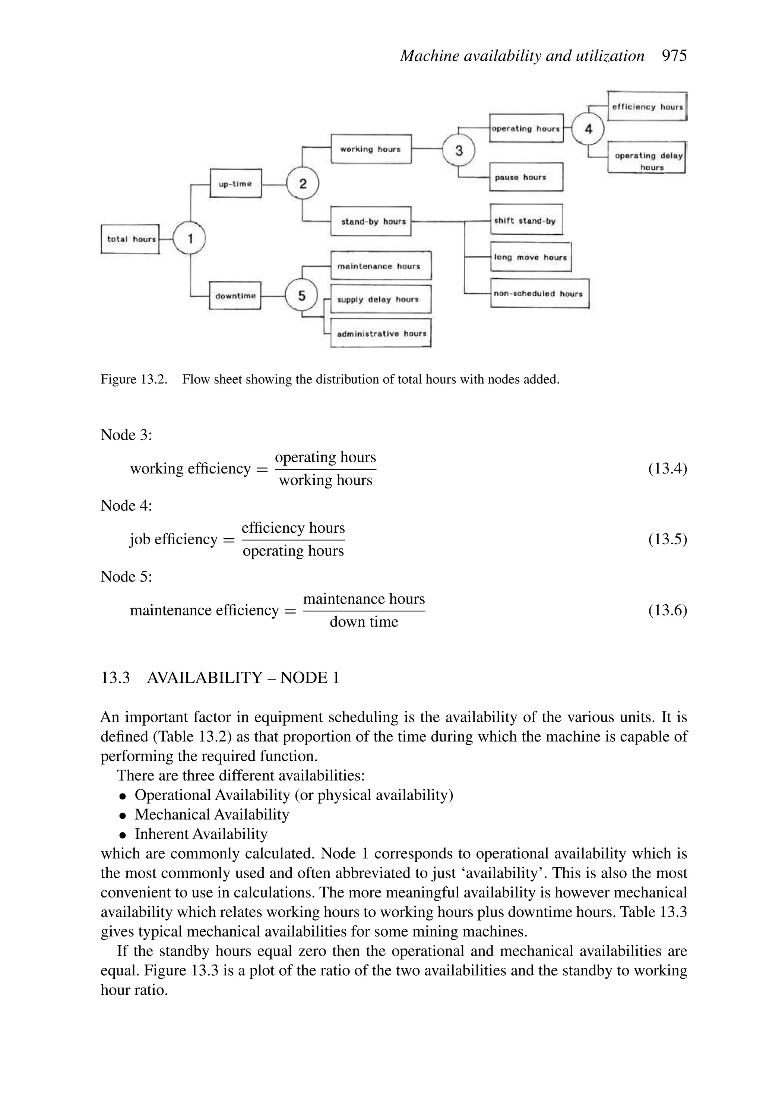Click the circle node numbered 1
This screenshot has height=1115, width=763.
(x=190, y=238)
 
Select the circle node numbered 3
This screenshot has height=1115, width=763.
(x=458, y=150)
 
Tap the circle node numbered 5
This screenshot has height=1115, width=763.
(x=301, y=295)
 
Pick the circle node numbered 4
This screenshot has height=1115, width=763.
(x=588, y=129)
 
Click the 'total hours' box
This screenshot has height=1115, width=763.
(x=130, y=239)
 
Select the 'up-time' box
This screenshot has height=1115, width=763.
(x=235, y=183)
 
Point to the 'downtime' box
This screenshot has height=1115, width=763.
(x=235, y=295)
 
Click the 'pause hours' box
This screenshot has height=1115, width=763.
(x=526, y=177)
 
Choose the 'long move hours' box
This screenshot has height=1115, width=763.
(x=530, y=257)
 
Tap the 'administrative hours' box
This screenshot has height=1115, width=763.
(x=381, y=333)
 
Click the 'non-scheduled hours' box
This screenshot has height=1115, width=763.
(x=539, y=293)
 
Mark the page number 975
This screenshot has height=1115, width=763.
(x=674, y=56)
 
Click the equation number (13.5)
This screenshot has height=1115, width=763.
(x=667, y=539)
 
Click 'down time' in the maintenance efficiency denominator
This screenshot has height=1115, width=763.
(x=364, y=622)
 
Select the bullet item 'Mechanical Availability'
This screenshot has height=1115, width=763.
(x=212, y=815)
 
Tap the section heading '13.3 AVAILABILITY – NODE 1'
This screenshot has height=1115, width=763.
(x=220, y=678)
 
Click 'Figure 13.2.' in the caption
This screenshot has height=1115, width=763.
(x=133, y=380)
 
